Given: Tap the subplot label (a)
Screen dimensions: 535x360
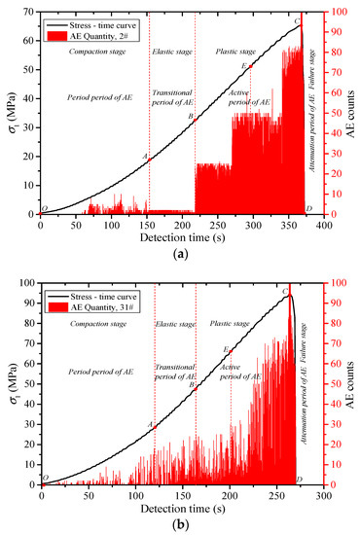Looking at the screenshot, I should click(180, 252).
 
